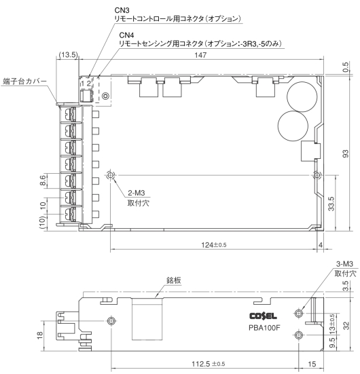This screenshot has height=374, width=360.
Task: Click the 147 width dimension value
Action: [x=200, y=55]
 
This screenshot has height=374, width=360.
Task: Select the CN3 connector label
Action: [x=122, y=10]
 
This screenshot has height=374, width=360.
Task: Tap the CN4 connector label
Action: [x=126, y=35]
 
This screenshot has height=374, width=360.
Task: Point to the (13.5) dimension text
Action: [x=69, y=54]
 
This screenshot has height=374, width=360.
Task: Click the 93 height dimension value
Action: [x=346, y=153]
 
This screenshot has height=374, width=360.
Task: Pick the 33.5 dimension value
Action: [x=331, y=204]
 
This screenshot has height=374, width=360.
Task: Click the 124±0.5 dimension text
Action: [x=214, y=245]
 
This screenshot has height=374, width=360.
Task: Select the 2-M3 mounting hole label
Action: [x=137, y=193]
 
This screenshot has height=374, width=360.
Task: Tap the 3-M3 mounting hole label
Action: [x=344, y=264]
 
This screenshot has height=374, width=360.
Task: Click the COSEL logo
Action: [x=263, y=316]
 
